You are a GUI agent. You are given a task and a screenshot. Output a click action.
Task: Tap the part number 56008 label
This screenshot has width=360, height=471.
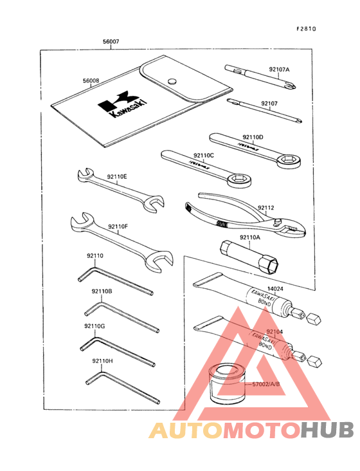91,81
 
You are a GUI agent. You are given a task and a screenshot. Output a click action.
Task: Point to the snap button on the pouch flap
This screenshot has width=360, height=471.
172,80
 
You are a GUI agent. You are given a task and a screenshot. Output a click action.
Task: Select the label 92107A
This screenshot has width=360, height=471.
279,69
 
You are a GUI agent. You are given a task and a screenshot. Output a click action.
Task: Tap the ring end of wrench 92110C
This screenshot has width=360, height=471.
242,181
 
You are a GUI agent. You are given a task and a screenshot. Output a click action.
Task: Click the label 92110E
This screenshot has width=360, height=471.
116,176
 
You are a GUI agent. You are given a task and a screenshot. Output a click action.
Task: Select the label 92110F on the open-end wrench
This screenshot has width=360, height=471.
118,226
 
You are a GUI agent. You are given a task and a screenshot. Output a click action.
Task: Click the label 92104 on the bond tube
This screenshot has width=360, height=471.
274,331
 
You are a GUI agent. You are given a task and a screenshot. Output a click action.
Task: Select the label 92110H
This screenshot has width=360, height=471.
102,361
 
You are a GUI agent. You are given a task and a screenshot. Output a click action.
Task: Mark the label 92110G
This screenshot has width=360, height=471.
94,326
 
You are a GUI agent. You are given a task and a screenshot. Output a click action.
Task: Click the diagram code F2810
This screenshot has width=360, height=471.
307,30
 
